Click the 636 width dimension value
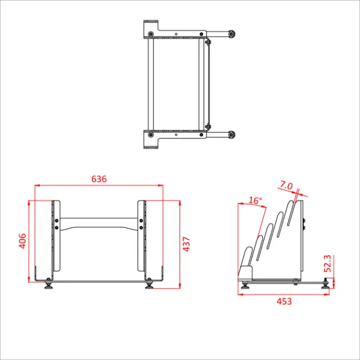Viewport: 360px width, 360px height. [99, 179]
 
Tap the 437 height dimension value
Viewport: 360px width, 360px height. [187, 243]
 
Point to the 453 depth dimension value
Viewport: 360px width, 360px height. [285, 301]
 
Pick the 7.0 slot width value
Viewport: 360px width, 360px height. [286, 186]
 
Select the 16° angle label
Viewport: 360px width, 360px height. [255, 200]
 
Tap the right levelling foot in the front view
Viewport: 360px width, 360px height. [149, 285]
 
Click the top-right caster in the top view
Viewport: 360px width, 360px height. [231, 34]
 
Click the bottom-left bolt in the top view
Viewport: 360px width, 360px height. [151, 134]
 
